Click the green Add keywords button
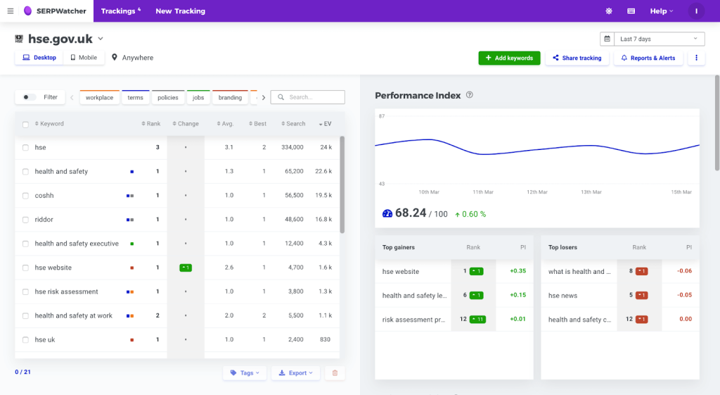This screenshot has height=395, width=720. click(509, 58)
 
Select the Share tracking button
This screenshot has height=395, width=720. click(577, 58)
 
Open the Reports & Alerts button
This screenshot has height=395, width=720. click(648, 58)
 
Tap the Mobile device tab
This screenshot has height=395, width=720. click(84, 58)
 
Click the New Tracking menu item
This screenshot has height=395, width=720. click(180, 11)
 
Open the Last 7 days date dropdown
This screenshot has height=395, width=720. click(652, 39)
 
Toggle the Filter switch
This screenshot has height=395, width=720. click(30, 97)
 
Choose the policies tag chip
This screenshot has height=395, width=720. click(167, 98)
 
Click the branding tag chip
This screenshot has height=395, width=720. click(230, 98)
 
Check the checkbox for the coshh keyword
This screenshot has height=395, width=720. click(25, 196)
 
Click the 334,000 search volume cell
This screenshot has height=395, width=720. click(292, 148)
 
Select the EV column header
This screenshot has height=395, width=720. click(325, 124)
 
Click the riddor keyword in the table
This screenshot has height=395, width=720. click(44, 220)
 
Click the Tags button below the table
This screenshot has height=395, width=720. click(245, 373)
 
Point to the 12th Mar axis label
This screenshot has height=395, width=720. click(536, 192)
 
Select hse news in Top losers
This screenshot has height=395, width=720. click(563, 296)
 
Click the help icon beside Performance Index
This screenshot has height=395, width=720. click(470, 96)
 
